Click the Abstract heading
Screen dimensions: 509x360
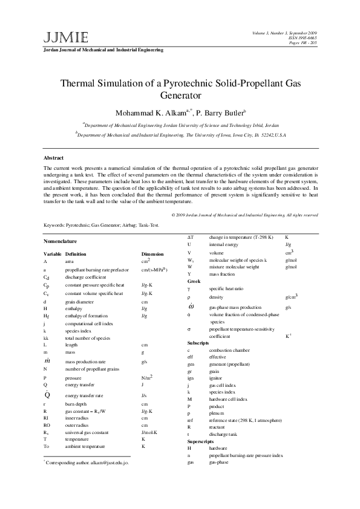click(x=54, y=158)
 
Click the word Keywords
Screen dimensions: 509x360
click(x=55, y=225)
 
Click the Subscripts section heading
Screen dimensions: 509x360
click(x=198, y=343)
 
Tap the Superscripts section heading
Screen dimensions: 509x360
click(x=201, y=443)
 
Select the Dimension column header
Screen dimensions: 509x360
click(x=152, y=254)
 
